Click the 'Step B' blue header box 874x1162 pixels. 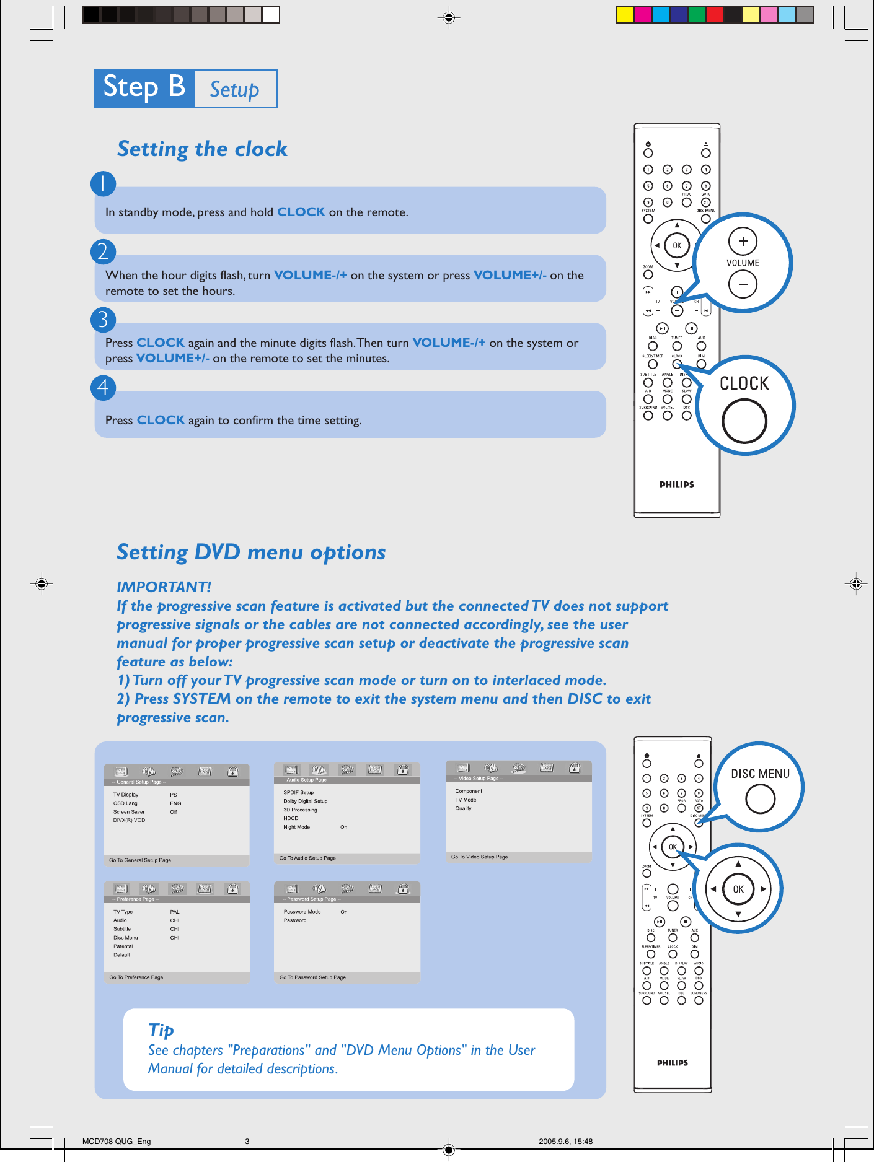click(x=144, y=89)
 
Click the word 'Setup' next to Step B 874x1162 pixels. click(x=234, y=90)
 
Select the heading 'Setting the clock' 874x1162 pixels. click(x=202, y=149)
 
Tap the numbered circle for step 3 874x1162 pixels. click(x=103, y=320)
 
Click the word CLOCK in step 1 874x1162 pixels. click(x=301, y=212)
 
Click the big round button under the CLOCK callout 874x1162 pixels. click(x=744, y=421)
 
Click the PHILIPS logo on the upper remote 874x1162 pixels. click(x=676, y=485)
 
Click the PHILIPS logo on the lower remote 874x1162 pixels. click(x=673, y=1063)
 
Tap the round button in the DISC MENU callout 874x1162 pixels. click(x=760, y=799)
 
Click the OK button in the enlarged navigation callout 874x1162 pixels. click(x=738, y=889)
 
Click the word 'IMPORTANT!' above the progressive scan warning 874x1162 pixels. click(x=164, y=587)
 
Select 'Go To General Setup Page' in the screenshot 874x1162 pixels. click(x=140, y=860)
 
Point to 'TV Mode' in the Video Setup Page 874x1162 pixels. click(x=466, y=800)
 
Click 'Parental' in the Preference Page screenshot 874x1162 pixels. click(x=123, y=946)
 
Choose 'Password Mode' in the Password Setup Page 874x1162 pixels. click(x=302, y=912)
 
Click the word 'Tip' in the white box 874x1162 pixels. click(x=161, y=1029)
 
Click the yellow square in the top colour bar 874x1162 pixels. click(x=625, y=15)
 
